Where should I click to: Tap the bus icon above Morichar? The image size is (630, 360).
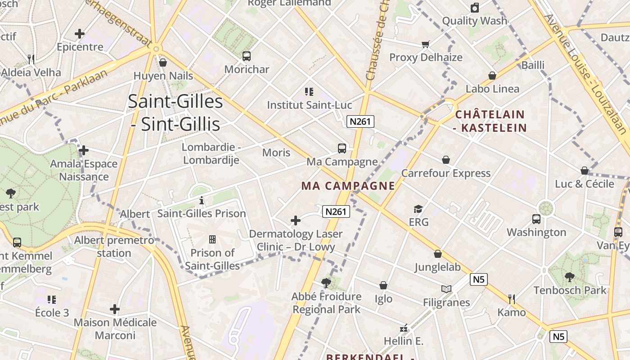click(x=247, y=56)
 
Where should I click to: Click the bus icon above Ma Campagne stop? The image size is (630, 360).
click(x=342, y=148)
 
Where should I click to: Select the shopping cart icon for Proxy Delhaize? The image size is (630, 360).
click(x=426, y=44)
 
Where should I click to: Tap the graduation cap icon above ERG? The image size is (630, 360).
click(x=418, y=209)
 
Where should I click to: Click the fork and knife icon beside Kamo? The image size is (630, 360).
click(x=511, y=299)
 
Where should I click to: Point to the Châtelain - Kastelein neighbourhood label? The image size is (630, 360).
click(x=490, y=121)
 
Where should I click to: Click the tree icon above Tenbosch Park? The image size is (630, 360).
click(x=570, y=277)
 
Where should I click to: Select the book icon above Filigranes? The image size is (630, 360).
click(x=446, y=289)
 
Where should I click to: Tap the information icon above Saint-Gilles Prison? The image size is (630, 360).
click(x=202, y=200)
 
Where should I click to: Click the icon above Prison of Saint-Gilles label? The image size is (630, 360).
click(x=212, y=239)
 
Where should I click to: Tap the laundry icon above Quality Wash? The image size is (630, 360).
click(x=474, y=8)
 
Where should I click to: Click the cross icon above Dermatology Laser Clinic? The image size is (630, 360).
click(x=296, y=220)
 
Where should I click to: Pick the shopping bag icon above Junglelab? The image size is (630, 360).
click(x=438, y=254)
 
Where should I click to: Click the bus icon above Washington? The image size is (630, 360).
click(x=536, y=219)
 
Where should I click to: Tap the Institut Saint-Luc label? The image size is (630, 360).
click(x=309, y=105)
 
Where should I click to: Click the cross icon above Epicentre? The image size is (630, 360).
click(x=80, y=34)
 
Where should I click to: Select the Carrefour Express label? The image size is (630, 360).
click(x=445, y=173)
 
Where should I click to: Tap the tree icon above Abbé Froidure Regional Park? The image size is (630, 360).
click(x=326, y=283)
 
